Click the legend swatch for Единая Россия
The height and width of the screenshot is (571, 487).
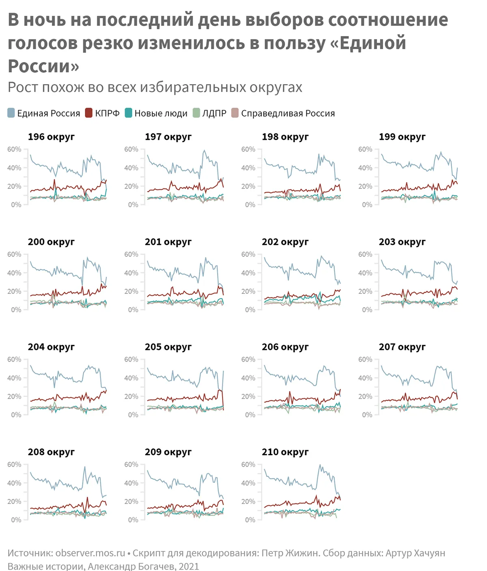pyautogui.click(x=11, y=113)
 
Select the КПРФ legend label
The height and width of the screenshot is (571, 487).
pyautogui.click(x=107, y=113)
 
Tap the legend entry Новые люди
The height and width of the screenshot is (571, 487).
pyautogui.click(x=161, y=113)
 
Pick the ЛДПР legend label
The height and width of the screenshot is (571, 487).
pyautogui.click(x=214, y=113)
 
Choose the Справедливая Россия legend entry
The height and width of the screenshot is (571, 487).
pyautogui.click(x=288, y=113)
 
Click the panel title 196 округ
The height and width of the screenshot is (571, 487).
pyautogui.click(x=51, y=137)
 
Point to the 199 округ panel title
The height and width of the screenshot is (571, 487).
pyautogui.click(x=402, y=137)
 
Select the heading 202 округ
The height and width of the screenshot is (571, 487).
pyautogui.click(x=285, y=242)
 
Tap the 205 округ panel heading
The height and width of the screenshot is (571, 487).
pyautogui.click(x=168, y=347)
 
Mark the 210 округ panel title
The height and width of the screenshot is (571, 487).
pyautogui.click(x=285, y=452)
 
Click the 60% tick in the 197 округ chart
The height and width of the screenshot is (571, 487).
pyautogui.click(x=131, y=150)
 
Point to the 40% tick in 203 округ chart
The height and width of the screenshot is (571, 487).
pyautogui.click(x=365, y=273)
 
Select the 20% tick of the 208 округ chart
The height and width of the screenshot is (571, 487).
pyautogui.click(x=14, y=502)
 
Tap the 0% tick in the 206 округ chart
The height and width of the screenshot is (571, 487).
pyautogui.click(x=250, y=415)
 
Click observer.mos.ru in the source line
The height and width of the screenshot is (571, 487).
pyautogui.click(x=90, y=553)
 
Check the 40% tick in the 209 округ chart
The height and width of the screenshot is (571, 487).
pyautogui.click(x=131, y=483)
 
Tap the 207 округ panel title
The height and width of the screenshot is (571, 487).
pyautogui.click(x=402, y=347)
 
